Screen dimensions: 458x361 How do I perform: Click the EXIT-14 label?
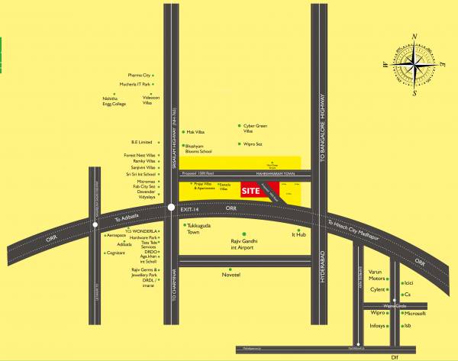click(x=189, y=208)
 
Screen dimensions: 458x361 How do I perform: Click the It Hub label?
click(x=298, y=236)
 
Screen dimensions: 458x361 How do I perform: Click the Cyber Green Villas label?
click(x=255, y=127)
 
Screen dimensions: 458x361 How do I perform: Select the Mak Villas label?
click(x=195, y=131)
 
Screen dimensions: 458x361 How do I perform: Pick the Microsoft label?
click(x=414, y=313)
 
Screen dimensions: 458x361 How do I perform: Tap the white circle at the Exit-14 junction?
click(x=170, y=206)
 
